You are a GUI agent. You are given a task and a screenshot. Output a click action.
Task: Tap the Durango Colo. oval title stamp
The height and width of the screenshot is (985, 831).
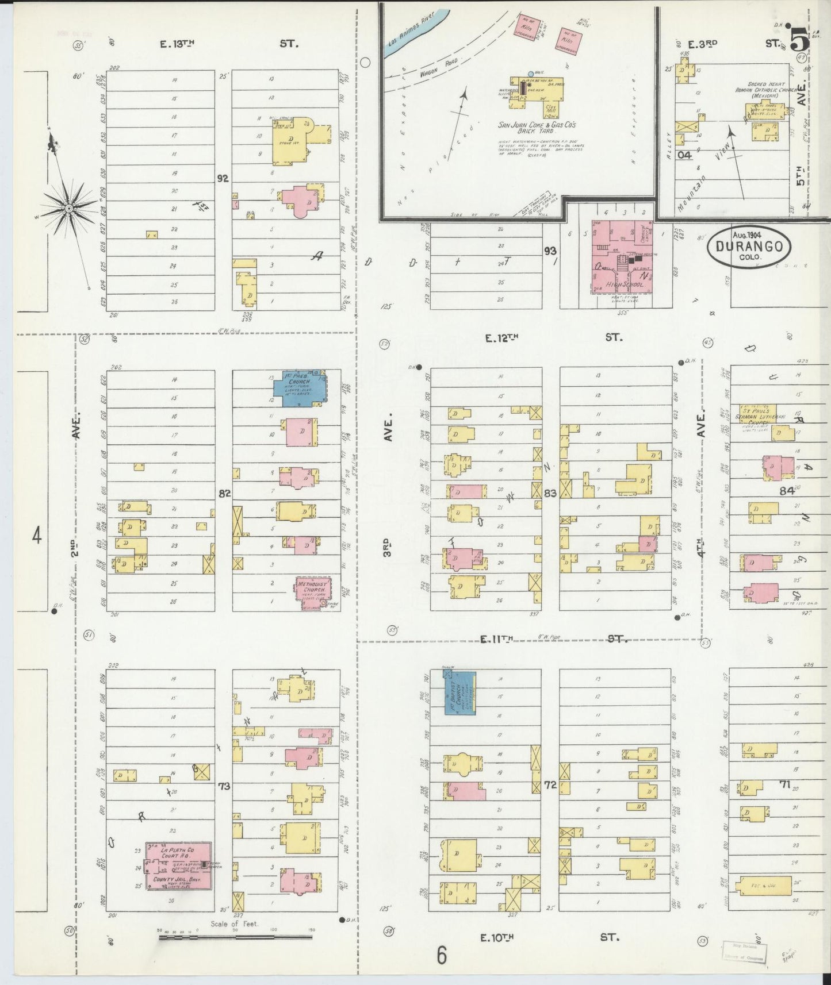(x=749, y=246)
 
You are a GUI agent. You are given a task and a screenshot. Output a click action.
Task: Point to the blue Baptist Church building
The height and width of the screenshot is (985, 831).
(x=460, y=692)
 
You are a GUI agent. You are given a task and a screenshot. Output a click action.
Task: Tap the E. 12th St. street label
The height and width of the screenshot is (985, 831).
(x=552, y=338)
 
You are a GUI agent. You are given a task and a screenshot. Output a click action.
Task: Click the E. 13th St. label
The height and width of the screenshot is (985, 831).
(x=230, y=43)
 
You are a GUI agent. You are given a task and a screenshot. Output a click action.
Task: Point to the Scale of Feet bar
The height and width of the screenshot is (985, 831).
(x=235, y=937)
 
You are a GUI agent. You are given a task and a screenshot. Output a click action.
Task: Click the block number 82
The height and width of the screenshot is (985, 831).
(x=224, y=493)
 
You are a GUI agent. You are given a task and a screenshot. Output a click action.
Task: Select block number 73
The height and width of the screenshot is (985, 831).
(x=224, y=786)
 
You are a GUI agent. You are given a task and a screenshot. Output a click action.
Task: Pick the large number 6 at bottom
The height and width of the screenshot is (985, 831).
(x=441, y=955)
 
